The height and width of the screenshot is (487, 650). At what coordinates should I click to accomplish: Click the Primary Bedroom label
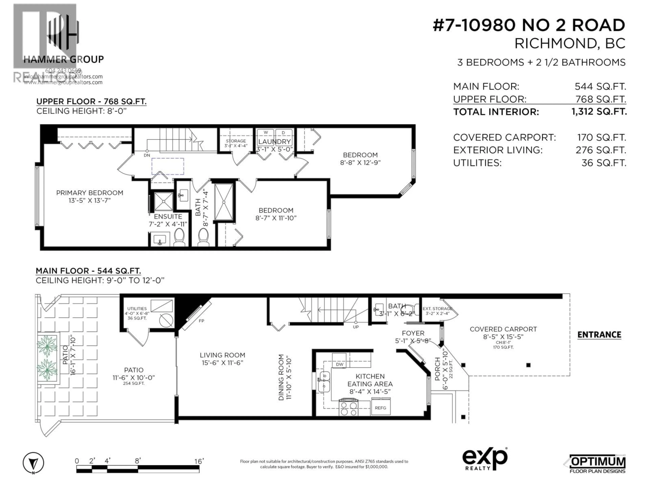90,193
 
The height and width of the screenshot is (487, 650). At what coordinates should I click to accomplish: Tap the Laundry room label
274,142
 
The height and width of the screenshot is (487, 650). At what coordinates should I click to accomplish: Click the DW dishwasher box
340,364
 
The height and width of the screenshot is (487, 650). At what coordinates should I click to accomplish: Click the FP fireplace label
201,321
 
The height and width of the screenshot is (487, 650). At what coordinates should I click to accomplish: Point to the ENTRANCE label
599,335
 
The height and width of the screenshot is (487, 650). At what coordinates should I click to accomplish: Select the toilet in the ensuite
179,237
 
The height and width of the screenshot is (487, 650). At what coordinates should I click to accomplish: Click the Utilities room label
137,309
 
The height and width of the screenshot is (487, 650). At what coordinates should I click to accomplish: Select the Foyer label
413,333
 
